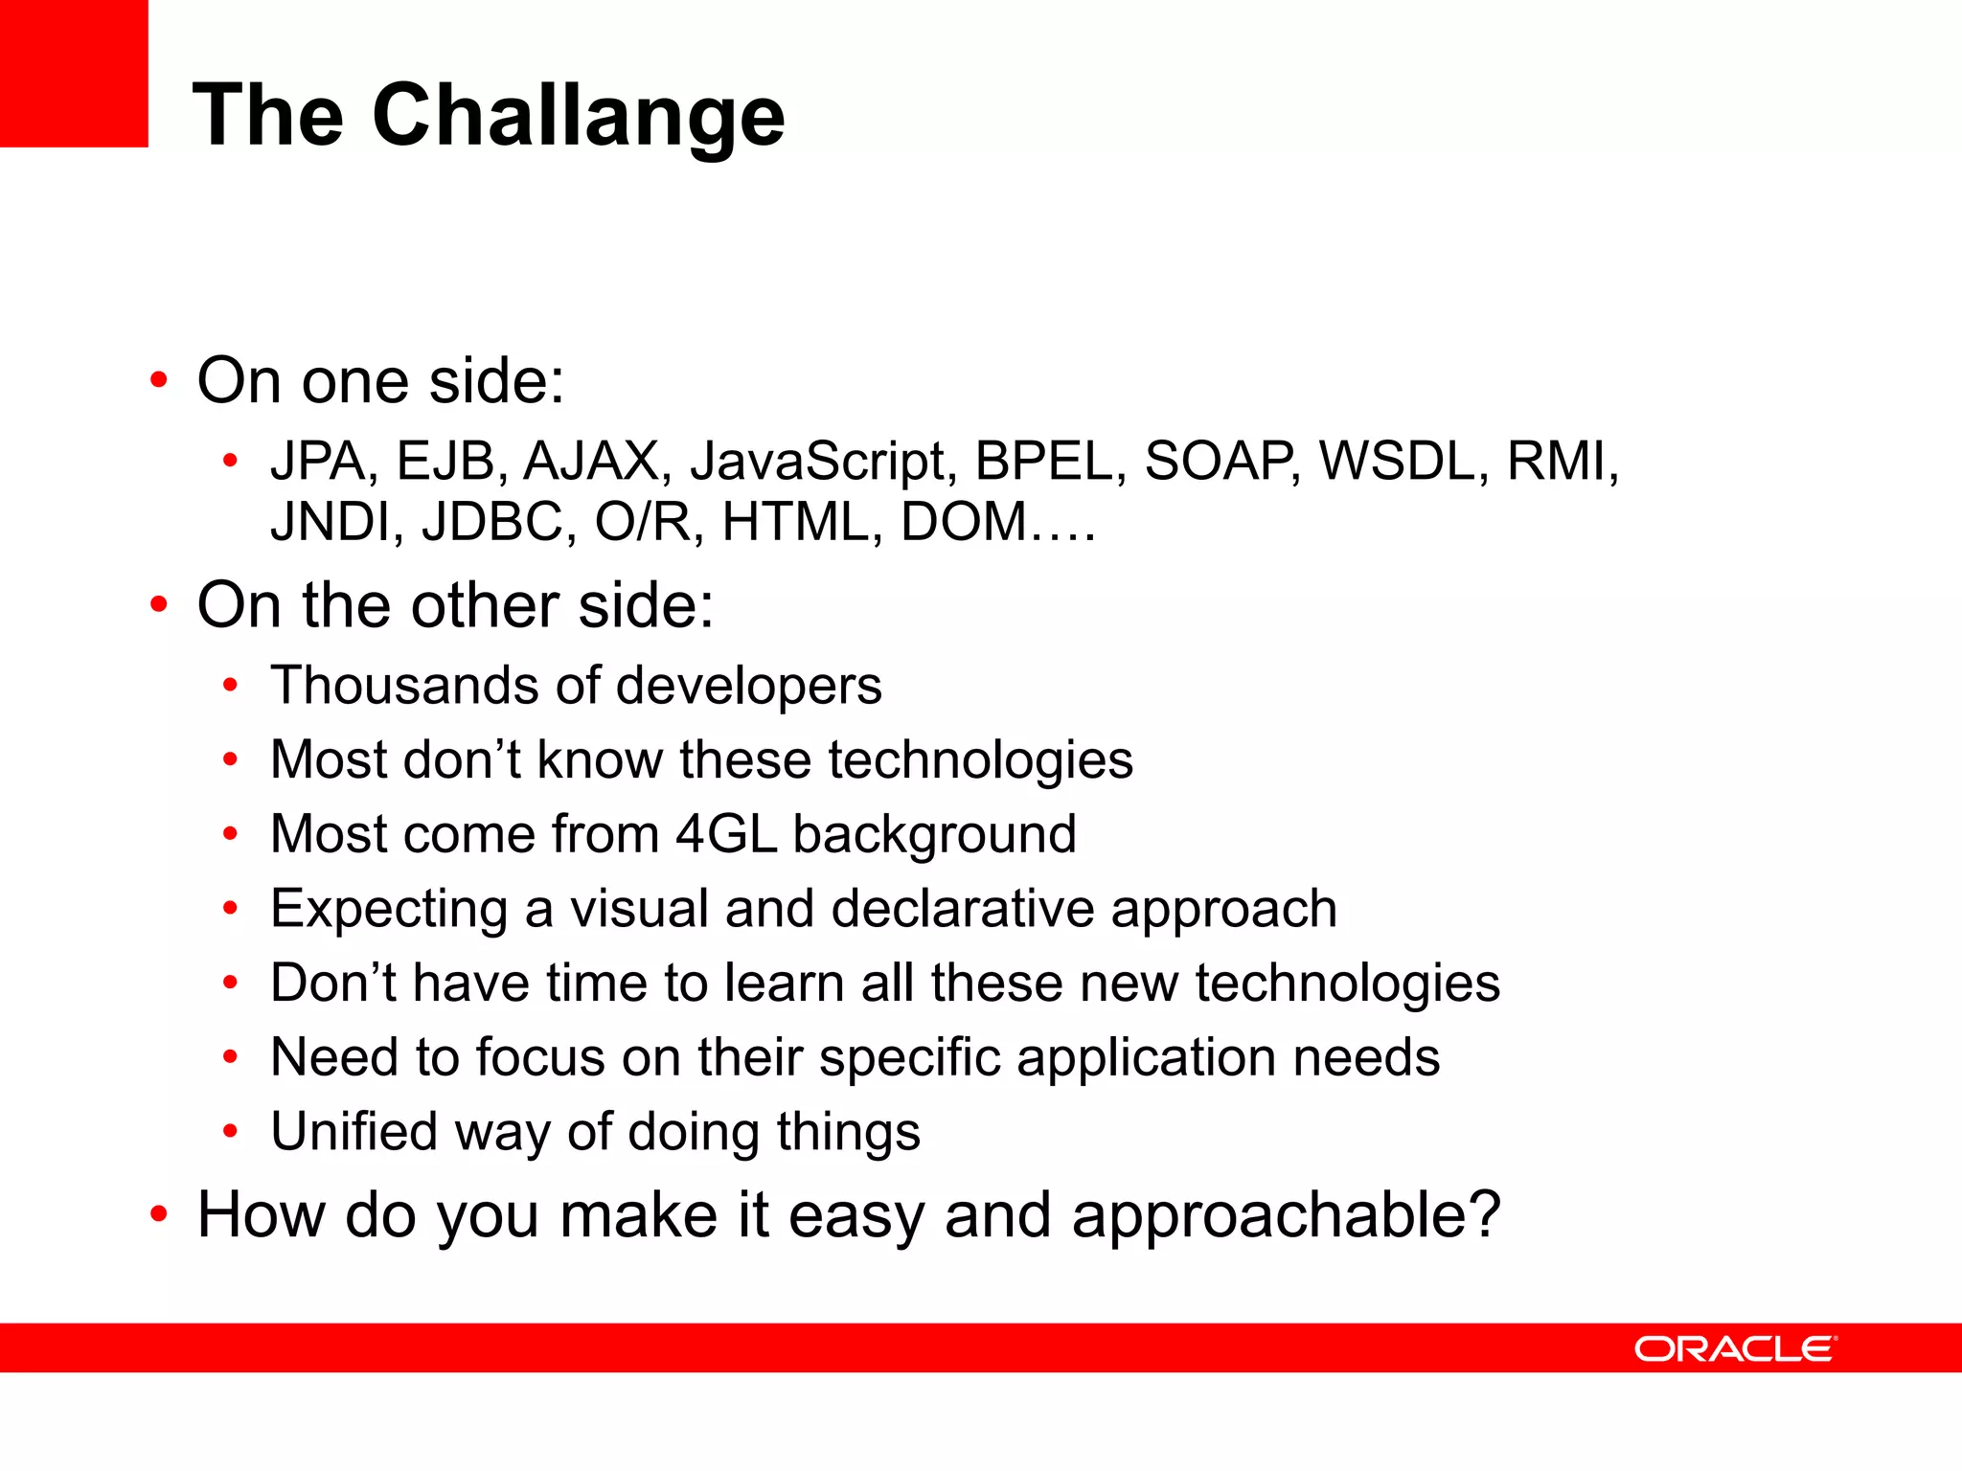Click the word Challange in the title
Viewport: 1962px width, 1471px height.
tap(579, 117)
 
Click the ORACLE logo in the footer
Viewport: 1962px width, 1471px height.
tap(1735, 1348)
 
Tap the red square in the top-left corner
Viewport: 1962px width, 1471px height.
tap(74, 73)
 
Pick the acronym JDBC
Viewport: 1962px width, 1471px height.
tap(498, 523)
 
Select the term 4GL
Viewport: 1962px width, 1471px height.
tap(725, 834)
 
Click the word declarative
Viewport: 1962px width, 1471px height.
tap(963, 909)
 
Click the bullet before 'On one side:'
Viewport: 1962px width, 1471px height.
tap(159, 380)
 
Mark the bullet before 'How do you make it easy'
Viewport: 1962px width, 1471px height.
tap(159, 1214)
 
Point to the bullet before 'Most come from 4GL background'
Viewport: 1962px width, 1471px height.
tap(230, 834)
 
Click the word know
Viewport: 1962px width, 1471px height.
tap(600, 760)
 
